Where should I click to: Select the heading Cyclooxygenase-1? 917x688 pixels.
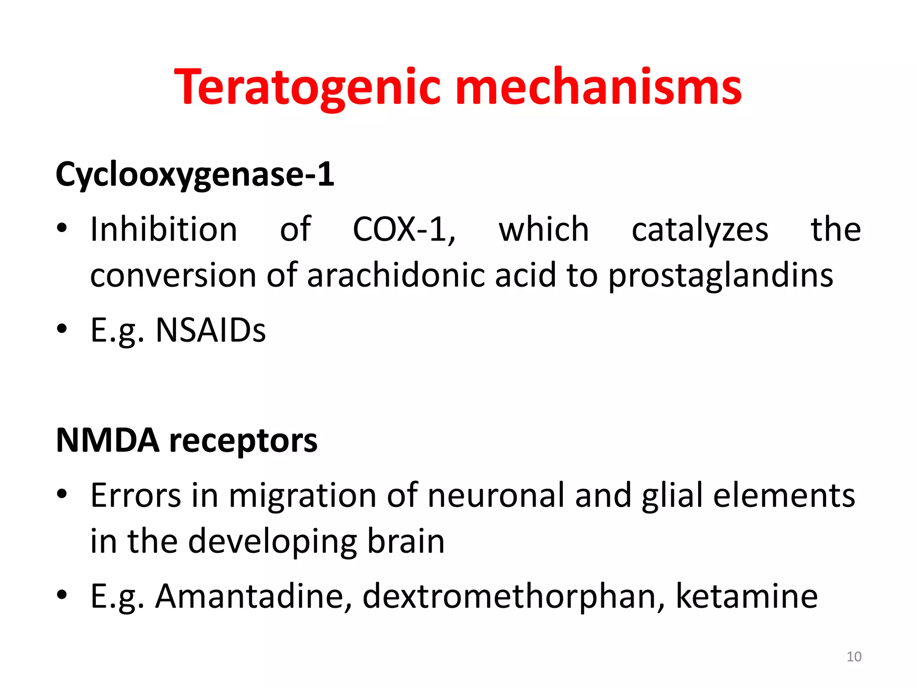tap(195, 175)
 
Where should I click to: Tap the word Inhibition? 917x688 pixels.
tap(163, 229)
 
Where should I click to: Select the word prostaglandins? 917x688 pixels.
tap(720, 276)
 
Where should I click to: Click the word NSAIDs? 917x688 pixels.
tap(210, 331)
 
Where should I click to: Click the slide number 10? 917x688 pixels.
tap(854, 657)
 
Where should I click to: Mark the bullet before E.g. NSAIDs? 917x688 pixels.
tap(62, 329)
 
